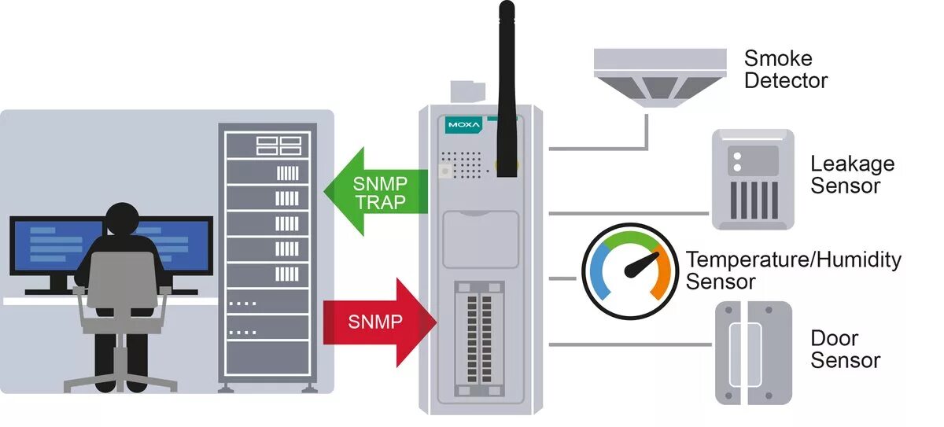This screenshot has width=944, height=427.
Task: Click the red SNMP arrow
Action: pos(376,321)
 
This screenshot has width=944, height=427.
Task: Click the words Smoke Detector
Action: pos(785,69)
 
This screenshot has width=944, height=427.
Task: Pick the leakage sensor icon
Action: pos(753,179)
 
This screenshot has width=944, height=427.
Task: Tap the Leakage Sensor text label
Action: pos(852,175)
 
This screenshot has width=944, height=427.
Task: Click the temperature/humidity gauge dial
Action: pos(629,271)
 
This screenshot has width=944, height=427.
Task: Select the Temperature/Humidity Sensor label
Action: pos(793,270)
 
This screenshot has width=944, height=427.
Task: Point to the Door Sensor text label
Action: pos(845,349)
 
